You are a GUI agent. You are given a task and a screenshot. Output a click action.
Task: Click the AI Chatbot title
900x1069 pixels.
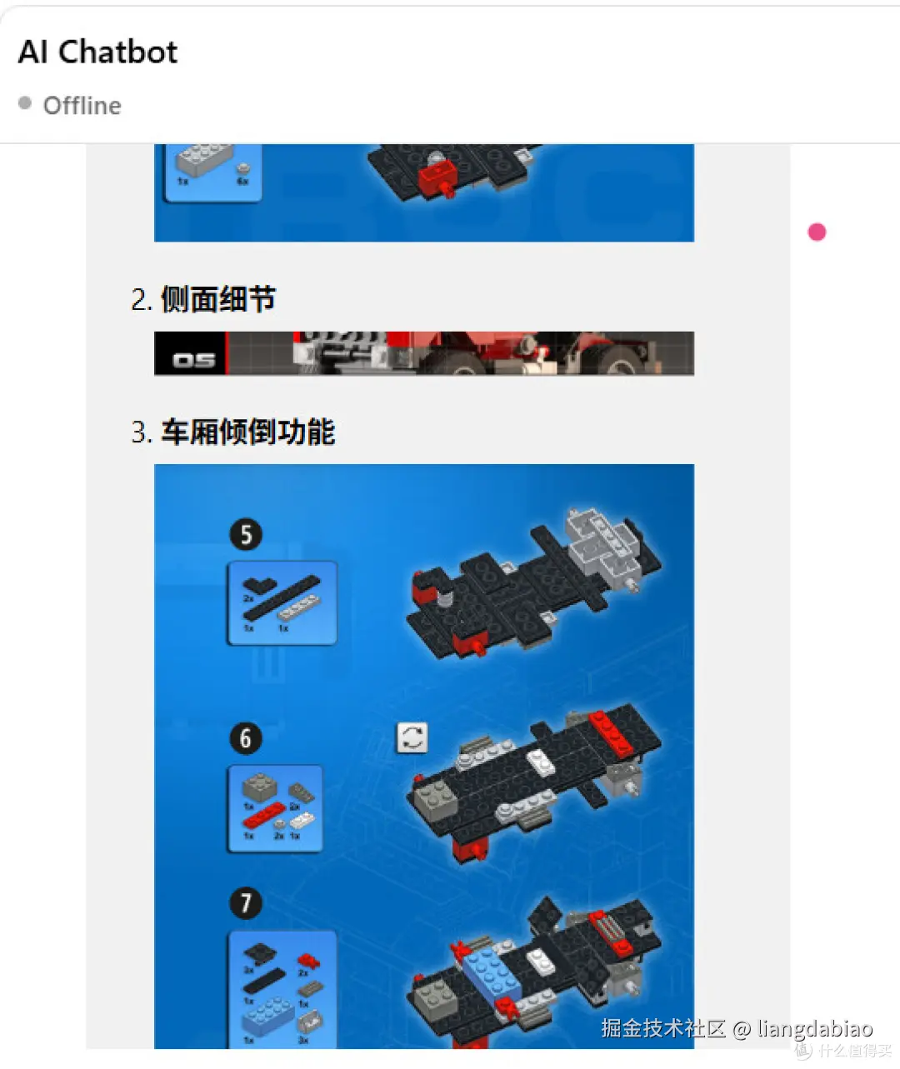click(97, 52)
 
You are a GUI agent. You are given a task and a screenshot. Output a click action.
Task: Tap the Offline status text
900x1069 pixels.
click(82, 106)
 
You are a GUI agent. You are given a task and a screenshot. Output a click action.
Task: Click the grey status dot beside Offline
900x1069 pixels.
click(25, 103)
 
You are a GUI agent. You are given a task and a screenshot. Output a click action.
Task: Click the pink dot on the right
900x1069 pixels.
click(817, 232)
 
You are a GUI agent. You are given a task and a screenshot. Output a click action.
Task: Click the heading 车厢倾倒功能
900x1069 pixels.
click(247, 432)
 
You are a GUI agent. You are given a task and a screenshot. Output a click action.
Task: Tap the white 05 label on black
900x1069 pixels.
click(193, 360)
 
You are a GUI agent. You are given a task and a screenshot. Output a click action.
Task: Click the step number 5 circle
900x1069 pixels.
click(246, 534)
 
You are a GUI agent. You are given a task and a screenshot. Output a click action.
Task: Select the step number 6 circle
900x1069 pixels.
click(246, 738)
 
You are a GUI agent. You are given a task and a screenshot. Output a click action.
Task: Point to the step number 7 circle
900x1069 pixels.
click(246, 903)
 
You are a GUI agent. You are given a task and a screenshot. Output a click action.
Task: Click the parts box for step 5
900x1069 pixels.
click(282, 603)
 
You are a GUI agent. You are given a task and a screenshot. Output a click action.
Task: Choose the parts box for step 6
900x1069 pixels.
click(276, 809)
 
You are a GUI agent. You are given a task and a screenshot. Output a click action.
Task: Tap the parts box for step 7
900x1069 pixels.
click(282, 990)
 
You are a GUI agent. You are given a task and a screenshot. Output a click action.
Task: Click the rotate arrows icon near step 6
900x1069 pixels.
click(412, 737)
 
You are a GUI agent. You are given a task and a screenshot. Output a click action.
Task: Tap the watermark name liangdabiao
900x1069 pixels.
click(814, 1029)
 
